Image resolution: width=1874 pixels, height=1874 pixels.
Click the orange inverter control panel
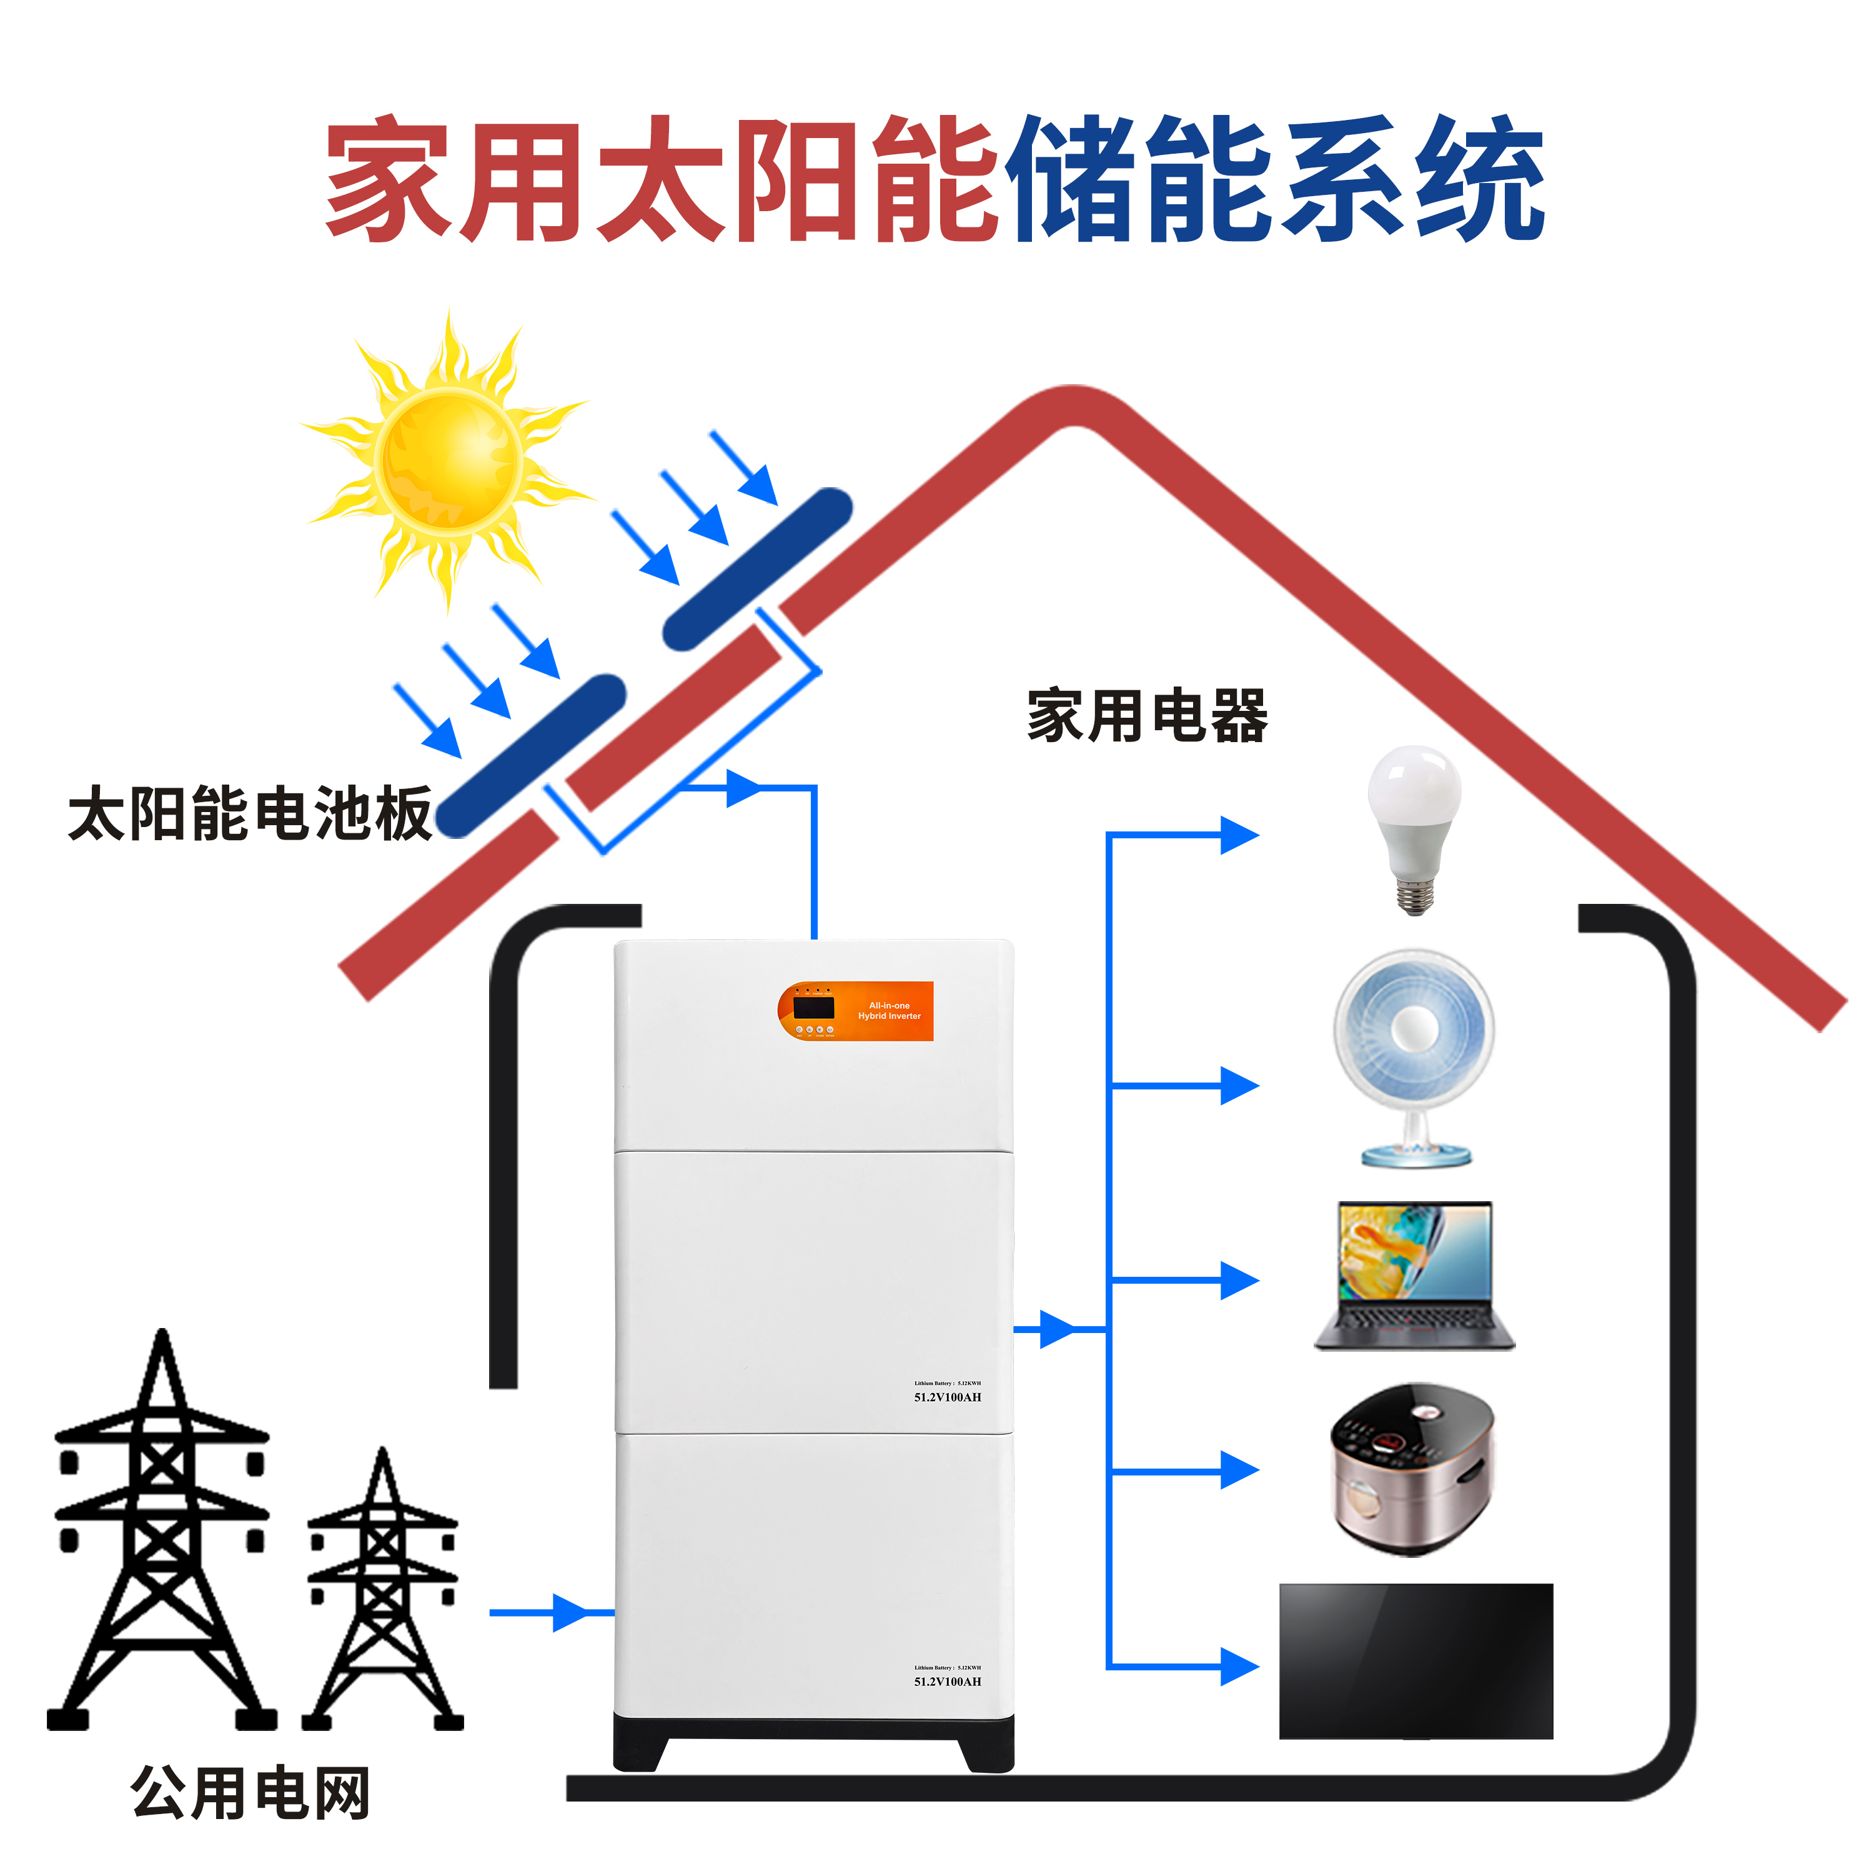[856, 1011]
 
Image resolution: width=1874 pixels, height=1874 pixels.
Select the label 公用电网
[250, 1793]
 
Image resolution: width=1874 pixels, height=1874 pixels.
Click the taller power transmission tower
[161, 1532]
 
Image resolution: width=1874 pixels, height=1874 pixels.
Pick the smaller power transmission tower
[383, 1591]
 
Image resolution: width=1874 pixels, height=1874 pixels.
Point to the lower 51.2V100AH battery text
[947, 1681]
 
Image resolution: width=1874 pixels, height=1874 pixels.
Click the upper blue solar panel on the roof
[756, 568]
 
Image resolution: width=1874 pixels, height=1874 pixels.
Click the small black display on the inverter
[813, 1007]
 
